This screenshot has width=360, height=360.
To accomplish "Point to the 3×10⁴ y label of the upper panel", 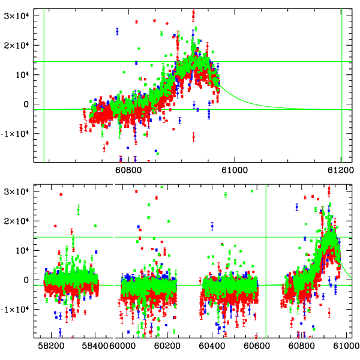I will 16,16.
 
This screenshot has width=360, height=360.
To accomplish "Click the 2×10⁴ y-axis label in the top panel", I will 16,45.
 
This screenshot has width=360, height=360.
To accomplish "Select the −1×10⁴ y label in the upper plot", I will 13,133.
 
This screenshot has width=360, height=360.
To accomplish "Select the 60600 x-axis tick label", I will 256,346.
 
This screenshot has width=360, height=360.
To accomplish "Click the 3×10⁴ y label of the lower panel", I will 16,191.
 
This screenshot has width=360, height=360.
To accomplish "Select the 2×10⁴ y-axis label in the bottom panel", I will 16,221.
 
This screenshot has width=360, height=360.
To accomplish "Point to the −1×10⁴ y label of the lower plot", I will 13,309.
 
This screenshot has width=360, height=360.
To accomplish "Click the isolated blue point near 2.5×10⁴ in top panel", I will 117,31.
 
